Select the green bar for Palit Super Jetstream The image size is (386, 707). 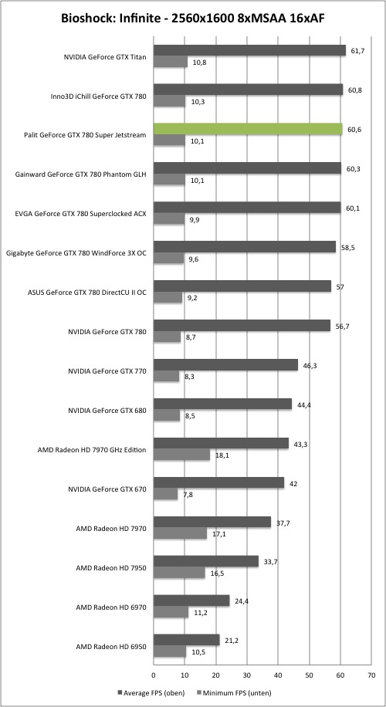pyautogui.click(x=248, y=129)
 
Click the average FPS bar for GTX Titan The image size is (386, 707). pyautogui.click(x=250, y=50)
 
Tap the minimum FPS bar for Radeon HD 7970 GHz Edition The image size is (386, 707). pyautogui.click(x=181, y=455)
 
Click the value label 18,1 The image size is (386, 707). pyautogui.click(x=221, y=455)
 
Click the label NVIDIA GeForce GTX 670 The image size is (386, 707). pyautogui.click(x=107, y=489)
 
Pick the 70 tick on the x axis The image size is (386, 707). pyautogui.click(x=371, y=675)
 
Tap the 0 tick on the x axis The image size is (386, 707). pyautogui.click(x=154, y=675)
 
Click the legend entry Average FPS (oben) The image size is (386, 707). pyautogui.click(x=149, y=692)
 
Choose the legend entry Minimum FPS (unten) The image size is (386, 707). pyautogui.click(x=235, y=692)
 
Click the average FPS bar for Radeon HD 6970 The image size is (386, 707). pyautogui.click(x=191, y=600)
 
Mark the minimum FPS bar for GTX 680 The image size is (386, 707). pyautogui.click(x=167, y=415)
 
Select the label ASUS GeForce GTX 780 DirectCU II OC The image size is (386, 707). pyautogui.click(x=87, y=292)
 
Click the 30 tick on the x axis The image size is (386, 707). pyautogui.click(x=247, y=675)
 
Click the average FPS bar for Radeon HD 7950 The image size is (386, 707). pyautogui.click(x=206, y=561)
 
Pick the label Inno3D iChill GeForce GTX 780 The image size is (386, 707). pyautogui.click(x=99, y=96)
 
